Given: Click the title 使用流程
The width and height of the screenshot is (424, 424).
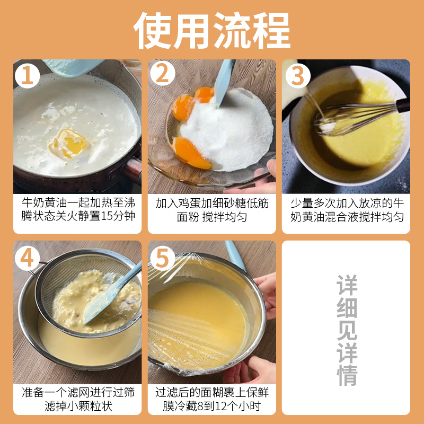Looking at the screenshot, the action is click(x=211, y=30).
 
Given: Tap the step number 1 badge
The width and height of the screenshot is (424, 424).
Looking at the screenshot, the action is click(x=28, y=75).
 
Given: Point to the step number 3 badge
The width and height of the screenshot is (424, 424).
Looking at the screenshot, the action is click(x=298, y=75).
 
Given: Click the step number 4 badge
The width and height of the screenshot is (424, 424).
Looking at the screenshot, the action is click(x=28, y=258).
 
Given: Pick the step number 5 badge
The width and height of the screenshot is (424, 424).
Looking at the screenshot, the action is click(x=162, y=258).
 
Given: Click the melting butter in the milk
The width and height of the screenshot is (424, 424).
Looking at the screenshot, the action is click(x=69, y=143).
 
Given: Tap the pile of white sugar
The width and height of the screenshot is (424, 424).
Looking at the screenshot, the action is click(x=227, y=130).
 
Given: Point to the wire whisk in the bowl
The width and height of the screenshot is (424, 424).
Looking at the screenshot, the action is click(x=354, y=118).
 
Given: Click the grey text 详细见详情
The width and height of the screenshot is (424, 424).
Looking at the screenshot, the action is click(x=347, y=330).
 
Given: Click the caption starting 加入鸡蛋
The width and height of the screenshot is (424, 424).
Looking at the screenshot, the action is click(x=212, y=210).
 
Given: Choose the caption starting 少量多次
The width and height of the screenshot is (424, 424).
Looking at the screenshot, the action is click(x=347, y=210).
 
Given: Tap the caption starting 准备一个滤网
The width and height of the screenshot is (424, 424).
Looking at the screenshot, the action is click(x=78, y=399).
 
